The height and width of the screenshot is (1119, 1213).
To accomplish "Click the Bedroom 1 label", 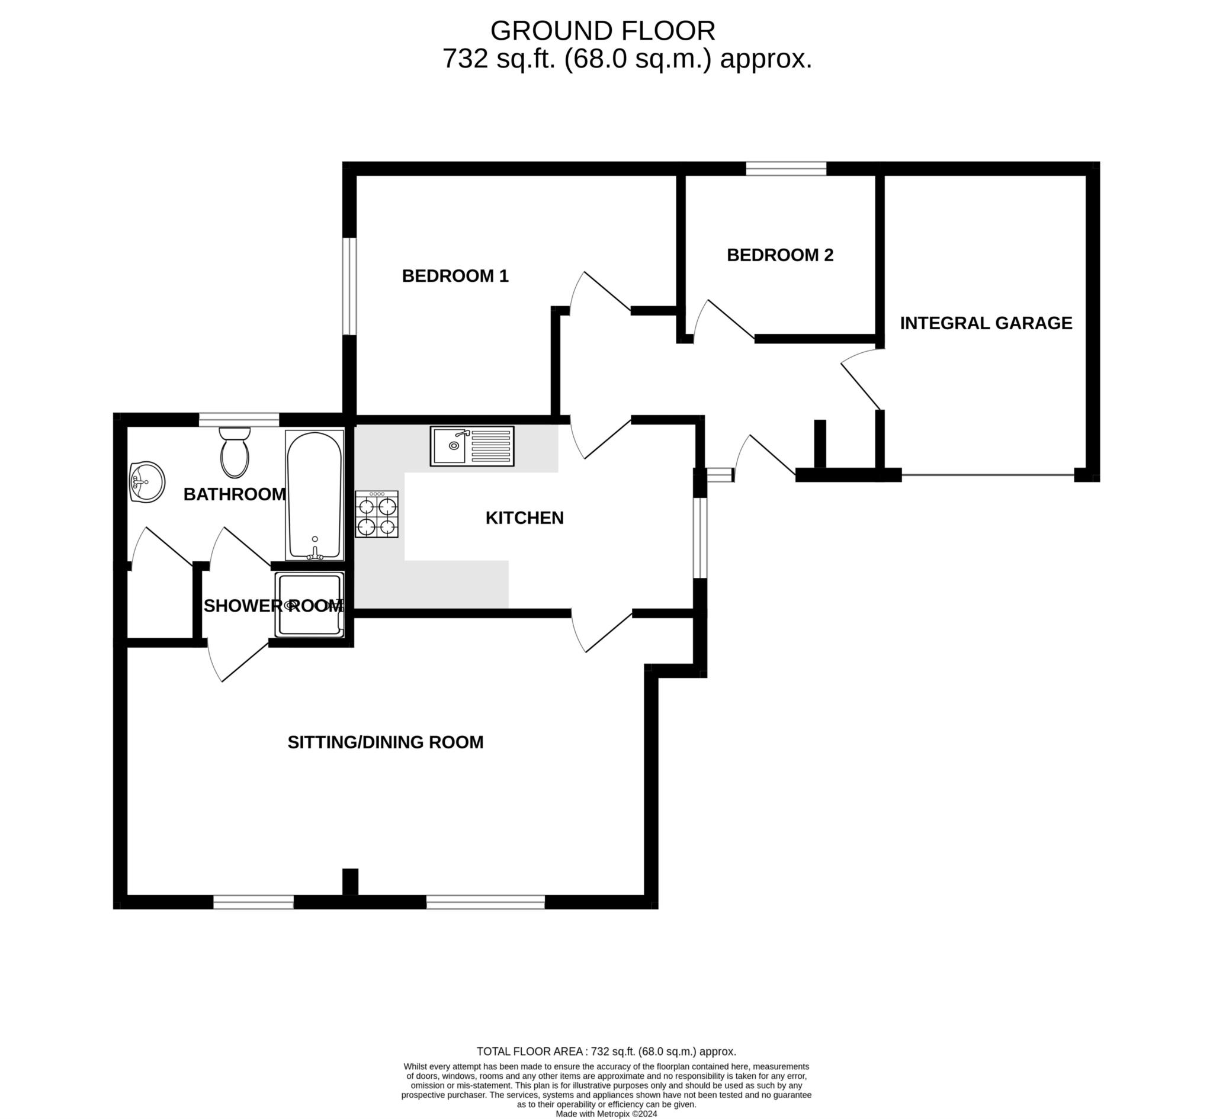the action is coord(455,276).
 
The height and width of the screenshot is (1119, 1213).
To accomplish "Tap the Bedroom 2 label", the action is coord(780,255).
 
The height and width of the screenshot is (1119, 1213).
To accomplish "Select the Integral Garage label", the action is coord(986,323).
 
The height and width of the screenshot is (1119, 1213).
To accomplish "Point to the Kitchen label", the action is coord(524,517).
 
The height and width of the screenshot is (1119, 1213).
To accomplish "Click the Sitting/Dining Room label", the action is coord(385,742).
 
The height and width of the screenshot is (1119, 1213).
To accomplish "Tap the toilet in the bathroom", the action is coord(235,452).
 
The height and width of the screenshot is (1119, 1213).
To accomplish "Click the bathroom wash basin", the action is coord(146,482).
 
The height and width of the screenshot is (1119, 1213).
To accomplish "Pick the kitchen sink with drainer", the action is coord(472,446).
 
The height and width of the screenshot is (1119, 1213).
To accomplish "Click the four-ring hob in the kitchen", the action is coord(377,515).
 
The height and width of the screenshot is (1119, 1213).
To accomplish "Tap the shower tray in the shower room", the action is coord(309,605).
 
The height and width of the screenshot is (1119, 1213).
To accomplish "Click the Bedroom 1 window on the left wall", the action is coord(349,286).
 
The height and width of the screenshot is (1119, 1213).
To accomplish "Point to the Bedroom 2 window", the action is coord(786,168).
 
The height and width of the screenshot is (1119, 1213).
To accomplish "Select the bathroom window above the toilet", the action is coord(239,420).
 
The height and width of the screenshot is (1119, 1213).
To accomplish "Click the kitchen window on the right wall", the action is coord(699,538).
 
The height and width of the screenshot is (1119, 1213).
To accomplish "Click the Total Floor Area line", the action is coord(606,1052).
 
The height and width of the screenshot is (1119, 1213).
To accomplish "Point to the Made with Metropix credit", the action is coord(606,1114).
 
